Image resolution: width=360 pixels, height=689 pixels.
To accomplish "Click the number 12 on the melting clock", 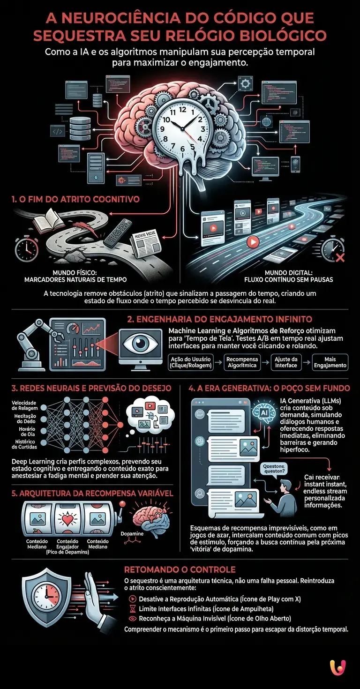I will tap(183, 111).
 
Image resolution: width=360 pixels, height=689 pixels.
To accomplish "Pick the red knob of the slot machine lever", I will tap(123, 503).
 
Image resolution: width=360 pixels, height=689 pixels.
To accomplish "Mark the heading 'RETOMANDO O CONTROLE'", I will tap(180, 569).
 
